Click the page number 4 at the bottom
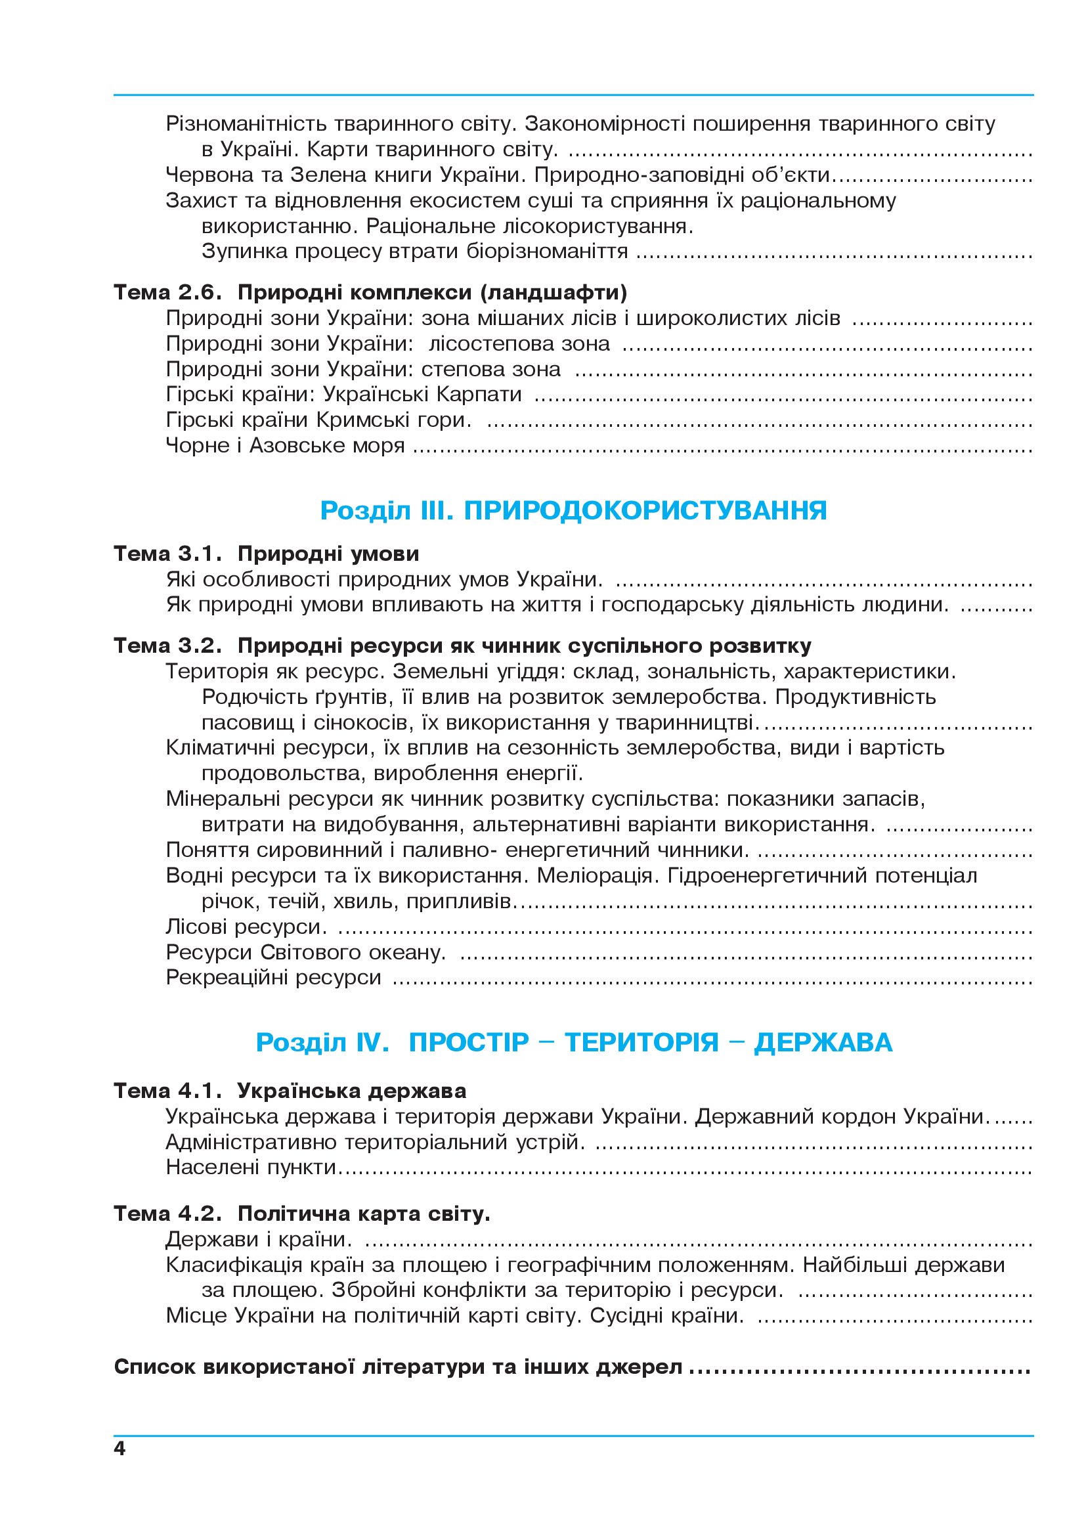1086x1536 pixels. pyautogui.click(x=119, y=1449)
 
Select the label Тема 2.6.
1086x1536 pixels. pyautogui.click(x=167, y=292)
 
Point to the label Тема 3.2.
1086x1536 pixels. pyautogui.click(x=167, y=646)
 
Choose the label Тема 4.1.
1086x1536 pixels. pyautogui.click(x=167, y=1091)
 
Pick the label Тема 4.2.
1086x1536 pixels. pyautogui.click(x=167, y=1214)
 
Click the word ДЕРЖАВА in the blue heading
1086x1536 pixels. pyautogui.click(x=823, y=1043)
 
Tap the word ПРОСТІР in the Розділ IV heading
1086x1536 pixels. pyautogui.click(x=469, y=1043)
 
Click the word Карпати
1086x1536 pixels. pyautogui.click(x=479, y=395)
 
